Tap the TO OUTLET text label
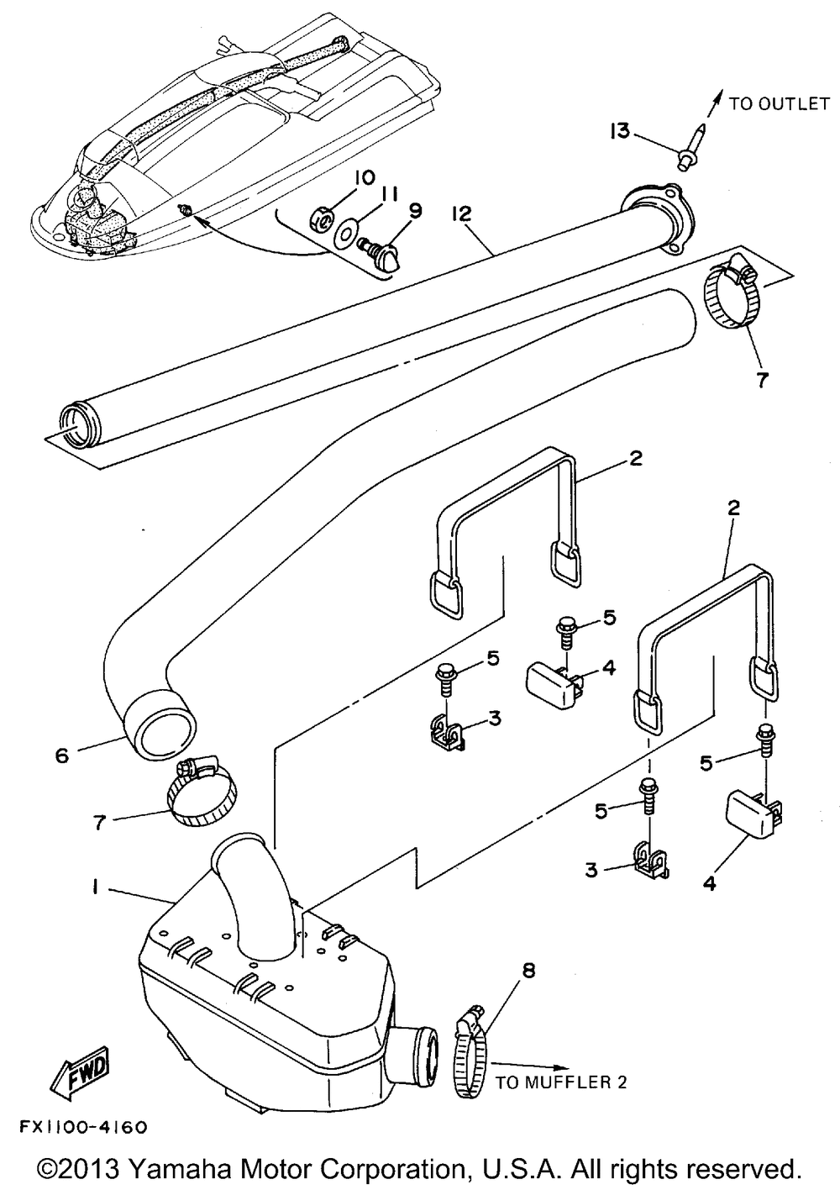779,103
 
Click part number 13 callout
620,131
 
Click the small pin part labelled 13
690,146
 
